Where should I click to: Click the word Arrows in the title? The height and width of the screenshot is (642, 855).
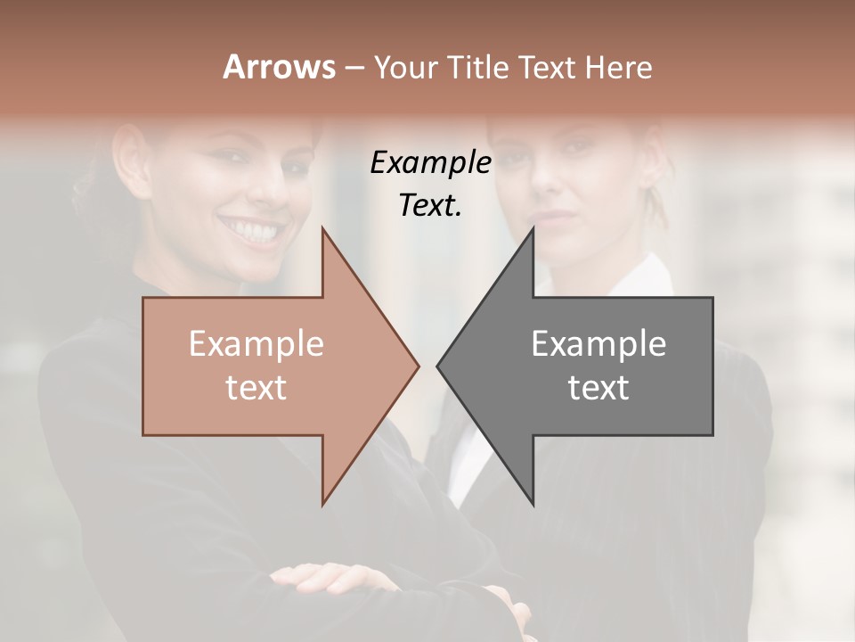coord(279,67)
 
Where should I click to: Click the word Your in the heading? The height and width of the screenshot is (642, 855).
coord(404,68)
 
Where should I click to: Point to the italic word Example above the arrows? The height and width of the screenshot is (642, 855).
coord(430,162)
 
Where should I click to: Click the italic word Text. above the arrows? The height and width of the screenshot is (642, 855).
coord(430,205)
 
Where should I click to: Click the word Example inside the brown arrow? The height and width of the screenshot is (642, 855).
coord(256,343)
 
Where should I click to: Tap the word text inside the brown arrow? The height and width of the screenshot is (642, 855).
coord(256,387)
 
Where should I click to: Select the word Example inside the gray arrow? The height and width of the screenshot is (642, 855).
coord(598,343)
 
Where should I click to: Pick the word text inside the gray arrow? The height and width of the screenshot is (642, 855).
coord(598,387)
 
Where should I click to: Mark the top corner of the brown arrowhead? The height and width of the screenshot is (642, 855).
coord(323,228)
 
